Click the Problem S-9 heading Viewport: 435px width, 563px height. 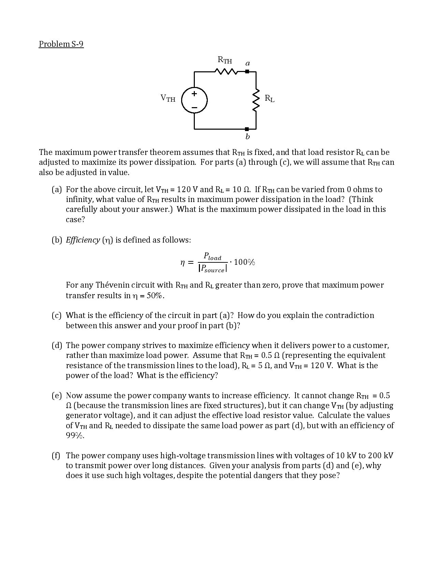(61, 44)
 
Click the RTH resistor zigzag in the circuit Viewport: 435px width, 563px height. (226, 72)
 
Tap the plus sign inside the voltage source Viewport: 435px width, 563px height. (194, 93)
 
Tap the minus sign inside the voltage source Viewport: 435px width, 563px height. (194, 107)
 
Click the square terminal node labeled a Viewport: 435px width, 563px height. (247, 72)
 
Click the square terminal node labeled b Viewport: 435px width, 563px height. (247, 129)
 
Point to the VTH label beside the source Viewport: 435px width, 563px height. (168, 98)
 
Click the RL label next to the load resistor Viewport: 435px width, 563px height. (269, 99)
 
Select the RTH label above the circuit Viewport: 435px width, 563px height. (225, 60)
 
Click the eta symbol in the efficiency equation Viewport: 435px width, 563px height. (183, 262)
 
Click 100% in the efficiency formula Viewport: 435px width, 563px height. (244, 262)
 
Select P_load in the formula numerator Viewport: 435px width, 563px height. (213, 256)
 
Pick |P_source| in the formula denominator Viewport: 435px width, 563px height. (213, 269)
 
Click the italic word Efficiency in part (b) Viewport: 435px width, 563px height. (83, 240)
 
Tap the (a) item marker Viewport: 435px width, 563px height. (57, 189)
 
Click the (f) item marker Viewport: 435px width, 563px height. (56, 456)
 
